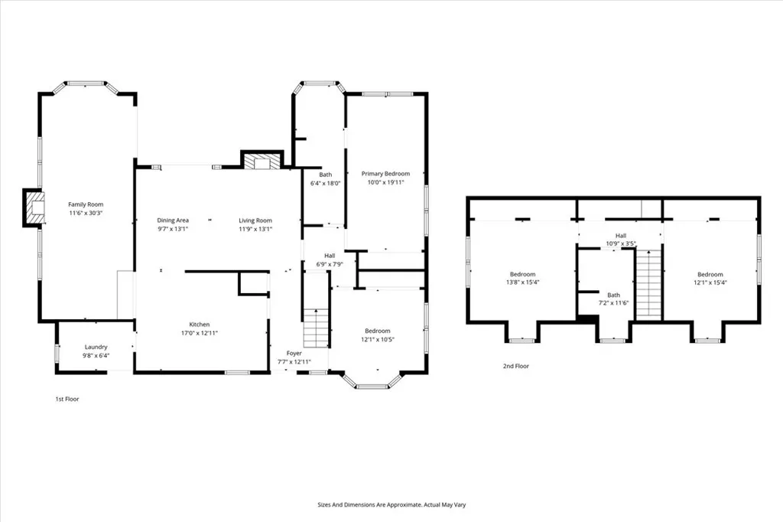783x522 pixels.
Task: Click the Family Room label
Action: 86,204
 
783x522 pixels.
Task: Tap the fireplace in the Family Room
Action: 34,207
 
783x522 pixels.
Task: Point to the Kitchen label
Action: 200,325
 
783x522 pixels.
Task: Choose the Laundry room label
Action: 96,347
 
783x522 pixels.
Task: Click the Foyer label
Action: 294,353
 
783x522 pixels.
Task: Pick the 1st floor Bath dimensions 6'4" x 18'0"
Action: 325,184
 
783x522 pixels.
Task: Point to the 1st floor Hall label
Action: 330,256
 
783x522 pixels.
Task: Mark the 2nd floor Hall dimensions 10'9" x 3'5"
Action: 621,244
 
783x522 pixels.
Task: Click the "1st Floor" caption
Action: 67,399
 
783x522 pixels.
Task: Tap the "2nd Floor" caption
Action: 515,367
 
